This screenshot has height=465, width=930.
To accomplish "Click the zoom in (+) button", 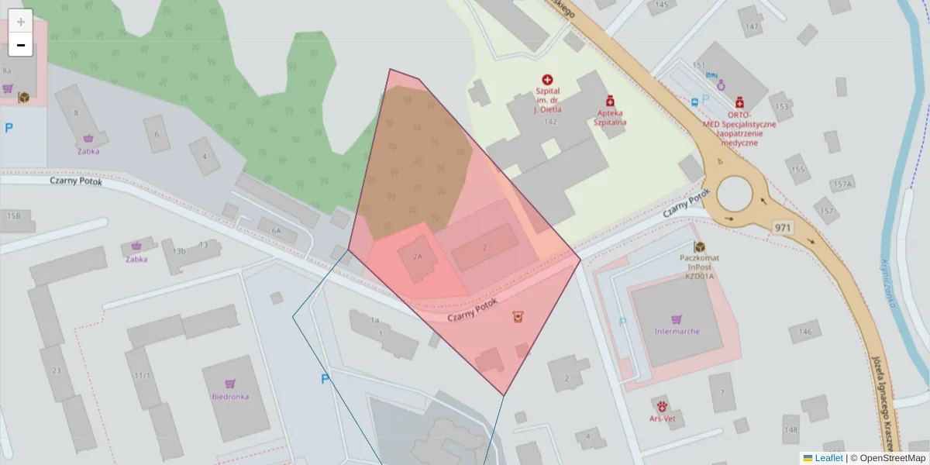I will [x=21, y=22].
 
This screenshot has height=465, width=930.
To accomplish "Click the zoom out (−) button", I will [x=21, y=45].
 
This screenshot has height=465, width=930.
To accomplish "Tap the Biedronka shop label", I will [x=230, y=396].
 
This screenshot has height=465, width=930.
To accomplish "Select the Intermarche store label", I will [x=676, y=331].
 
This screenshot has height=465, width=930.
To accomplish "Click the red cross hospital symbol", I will [x=548, y=80].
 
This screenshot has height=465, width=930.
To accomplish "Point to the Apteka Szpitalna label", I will [x=610, y=117].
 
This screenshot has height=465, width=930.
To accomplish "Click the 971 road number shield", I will [x=782, y=227].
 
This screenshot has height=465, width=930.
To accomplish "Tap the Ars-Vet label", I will [x=663, y=418].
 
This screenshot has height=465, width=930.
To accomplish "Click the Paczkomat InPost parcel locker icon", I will [x=699, y=246].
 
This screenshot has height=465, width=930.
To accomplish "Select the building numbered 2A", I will [x=418, y=256].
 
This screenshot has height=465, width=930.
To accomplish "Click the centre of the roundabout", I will [x=740, y=193].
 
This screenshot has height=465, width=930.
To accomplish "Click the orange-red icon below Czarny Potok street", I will [x=517, y=316].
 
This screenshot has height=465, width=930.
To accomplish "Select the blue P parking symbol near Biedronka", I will [x=325, y=379].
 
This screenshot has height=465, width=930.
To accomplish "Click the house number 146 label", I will [x=806, y=332].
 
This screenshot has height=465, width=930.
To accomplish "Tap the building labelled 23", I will [x=56, y=370].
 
